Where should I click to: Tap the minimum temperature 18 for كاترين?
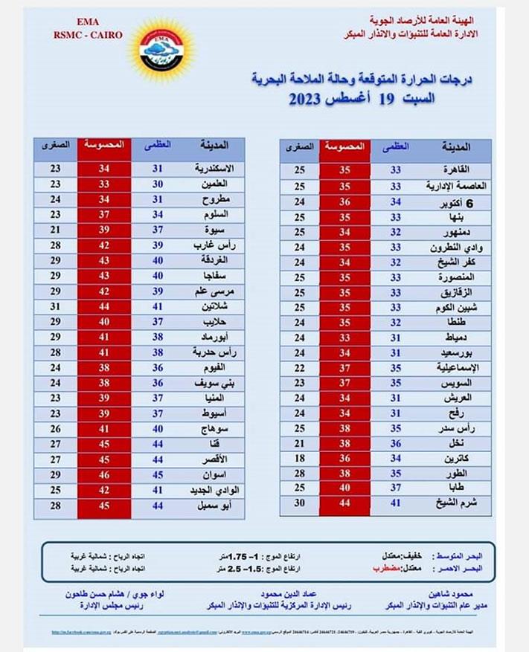coord(299,458)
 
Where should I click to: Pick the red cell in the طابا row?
coord(344,487)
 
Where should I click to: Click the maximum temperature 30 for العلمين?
coord(158,183)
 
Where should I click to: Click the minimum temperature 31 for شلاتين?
coord(55,306)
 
